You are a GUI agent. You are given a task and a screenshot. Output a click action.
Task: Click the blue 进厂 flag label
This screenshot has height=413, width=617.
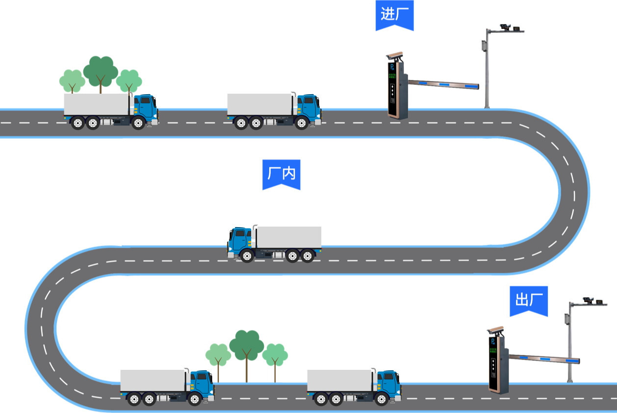pyautogui.click(x=394, y=14)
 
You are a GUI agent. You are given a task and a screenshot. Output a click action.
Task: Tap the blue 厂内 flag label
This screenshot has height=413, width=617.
pyautogui.click(x=282, y=173)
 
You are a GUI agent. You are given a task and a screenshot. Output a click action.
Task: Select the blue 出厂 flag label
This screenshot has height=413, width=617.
pyautogui.click(x=529, y=299)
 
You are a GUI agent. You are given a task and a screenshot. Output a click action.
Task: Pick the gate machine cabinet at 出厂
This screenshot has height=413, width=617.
pyautogui.click(x=498, y=363)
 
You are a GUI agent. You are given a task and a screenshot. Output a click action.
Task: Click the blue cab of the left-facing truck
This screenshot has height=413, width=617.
pyautogui.click(x=240, y=240)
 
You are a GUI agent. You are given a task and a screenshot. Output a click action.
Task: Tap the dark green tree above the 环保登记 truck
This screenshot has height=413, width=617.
pyautogui.click(x=101, y=71)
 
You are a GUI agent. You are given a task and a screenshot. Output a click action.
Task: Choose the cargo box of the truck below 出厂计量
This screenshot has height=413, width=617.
pyautogui.click(x=153, y=380)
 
